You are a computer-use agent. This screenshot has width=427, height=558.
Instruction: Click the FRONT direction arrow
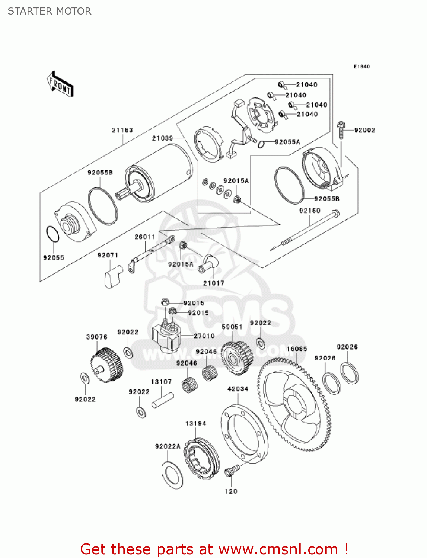coord(60,84)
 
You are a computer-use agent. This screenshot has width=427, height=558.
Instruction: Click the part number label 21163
coord(122,130)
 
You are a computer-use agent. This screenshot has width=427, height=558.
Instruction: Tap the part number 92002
coord(364,130)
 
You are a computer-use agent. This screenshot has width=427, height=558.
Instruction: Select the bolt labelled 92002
coord(341,131)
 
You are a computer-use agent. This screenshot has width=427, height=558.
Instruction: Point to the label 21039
coord(163,138)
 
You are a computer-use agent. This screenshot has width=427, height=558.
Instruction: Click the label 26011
coord(145,237)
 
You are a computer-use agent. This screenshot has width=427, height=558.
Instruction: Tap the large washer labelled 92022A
coord(172,475)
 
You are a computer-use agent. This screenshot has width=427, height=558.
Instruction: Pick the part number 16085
coord(297,349)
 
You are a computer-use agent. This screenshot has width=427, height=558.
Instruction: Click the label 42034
coord(238,389)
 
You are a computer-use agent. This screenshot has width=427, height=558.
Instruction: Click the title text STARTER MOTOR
coord(50,11)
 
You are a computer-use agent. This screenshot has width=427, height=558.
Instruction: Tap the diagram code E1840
coord(361,67)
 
